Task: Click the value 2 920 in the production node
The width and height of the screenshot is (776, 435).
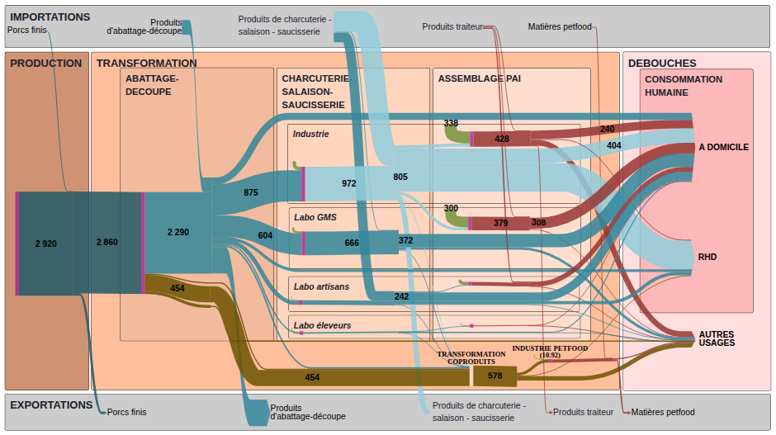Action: coord(46,244)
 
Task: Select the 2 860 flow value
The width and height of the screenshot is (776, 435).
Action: coord(106,242)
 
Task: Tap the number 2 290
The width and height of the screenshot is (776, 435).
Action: coord(178,232)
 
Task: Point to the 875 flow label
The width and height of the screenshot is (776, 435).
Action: coord(251,192)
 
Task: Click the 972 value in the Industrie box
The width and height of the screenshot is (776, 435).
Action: coord(349,183)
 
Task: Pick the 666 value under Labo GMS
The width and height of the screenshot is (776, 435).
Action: coord(352,243)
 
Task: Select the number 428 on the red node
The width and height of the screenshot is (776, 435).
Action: coord(502,139)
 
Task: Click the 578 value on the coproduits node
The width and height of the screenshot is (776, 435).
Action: coord(494,376)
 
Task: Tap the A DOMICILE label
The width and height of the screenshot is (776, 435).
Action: coord(723,147)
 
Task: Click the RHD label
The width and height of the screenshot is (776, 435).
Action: coord(707,257)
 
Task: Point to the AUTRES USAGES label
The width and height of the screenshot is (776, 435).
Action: coord(717,338)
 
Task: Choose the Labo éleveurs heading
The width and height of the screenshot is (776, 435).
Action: coord(322,325)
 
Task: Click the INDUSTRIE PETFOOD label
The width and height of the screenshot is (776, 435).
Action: coord(550,348)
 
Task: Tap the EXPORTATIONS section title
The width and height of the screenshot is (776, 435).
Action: coord(51,404)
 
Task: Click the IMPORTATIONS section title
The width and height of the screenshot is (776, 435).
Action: coord(50,17)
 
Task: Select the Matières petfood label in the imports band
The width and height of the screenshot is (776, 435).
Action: coord(560,26)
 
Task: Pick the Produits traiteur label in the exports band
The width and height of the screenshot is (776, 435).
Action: coord(583,412)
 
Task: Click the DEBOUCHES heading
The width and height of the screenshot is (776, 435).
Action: coord(662,64)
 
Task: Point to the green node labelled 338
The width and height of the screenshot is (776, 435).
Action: coord(456,134)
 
